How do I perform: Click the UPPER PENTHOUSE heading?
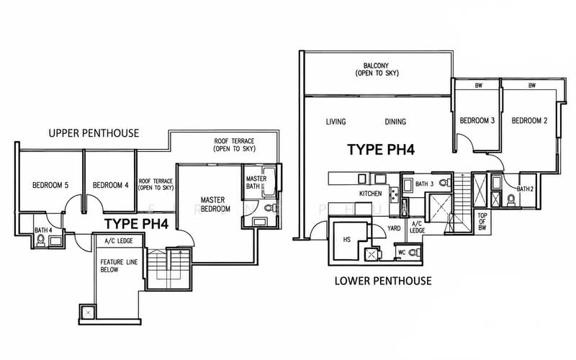[x=94, y=133]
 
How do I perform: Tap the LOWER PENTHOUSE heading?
[x=383, y=281]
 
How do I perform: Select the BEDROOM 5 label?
[x=50, y=185]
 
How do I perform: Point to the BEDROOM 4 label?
[x=111, y=185]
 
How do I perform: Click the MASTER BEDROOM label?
[x=215, y=204]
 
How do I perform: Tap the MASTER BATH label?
[x=256, y=183]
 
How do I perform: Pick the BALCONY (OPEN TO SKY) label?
[x=377, y=69]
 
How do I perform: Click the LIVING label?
[x=336, y=122]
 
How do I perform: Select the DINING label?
[x=395, y=122]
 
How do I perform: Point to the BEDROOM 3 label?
[x=477, y=120]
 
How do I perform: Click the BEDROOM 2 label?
[x=529, y=120]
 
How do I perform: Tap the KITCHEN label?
[x=370, y=194]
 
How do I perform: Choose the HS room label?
[x=347, y=240]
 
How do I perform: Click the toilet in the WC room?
[x=414, y=253]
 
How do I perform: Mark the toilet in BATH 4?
[x=41, y=240]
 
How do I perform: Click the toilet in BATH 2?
[x=511, y=200]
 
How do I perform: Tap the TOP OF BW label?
[x=482, y=222]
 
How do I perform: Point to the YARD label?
[x=394, y=228]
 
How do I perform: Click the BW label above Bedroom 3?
[x=478, y=86]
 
